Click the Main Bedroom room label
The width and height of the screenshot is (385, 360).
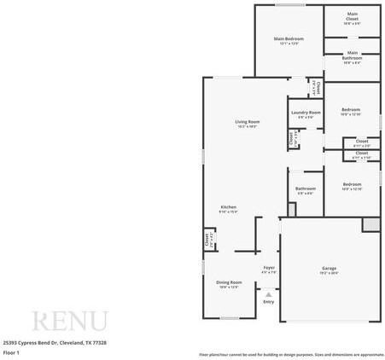[289, 38]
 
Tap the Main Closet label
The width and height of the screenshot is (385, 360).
[352, 15]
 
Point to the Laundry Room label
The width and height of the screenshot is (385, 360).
[305, 113]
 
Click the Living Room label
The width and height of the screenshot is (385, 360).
[248, 122]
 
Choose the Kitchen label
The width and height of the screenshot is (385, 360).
[228, 207]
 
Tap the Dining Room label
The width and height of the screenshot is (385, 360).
[229, 282]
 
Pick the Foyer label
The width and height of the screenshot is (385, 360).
[268, 268]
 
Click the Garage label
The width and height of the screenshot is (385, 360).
[329, 269]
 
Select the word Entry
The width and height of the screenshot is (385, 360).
[268, 301]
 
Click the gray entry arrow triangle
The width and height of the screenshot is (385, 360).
[268, 293]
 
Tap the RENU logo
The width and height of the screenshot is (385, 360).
[70, 322]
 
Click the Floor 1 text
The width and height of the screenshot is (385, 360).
[11, 351]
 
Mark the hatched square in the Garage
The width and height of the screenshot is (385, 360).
[370, 224]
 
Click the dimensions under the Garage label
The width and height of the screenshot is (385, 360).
[329, 274]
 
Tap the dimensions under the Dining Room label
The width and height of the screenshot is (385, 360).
[229, 287]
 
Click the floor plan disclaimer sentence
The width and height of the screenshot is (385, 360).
[291, 353]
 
